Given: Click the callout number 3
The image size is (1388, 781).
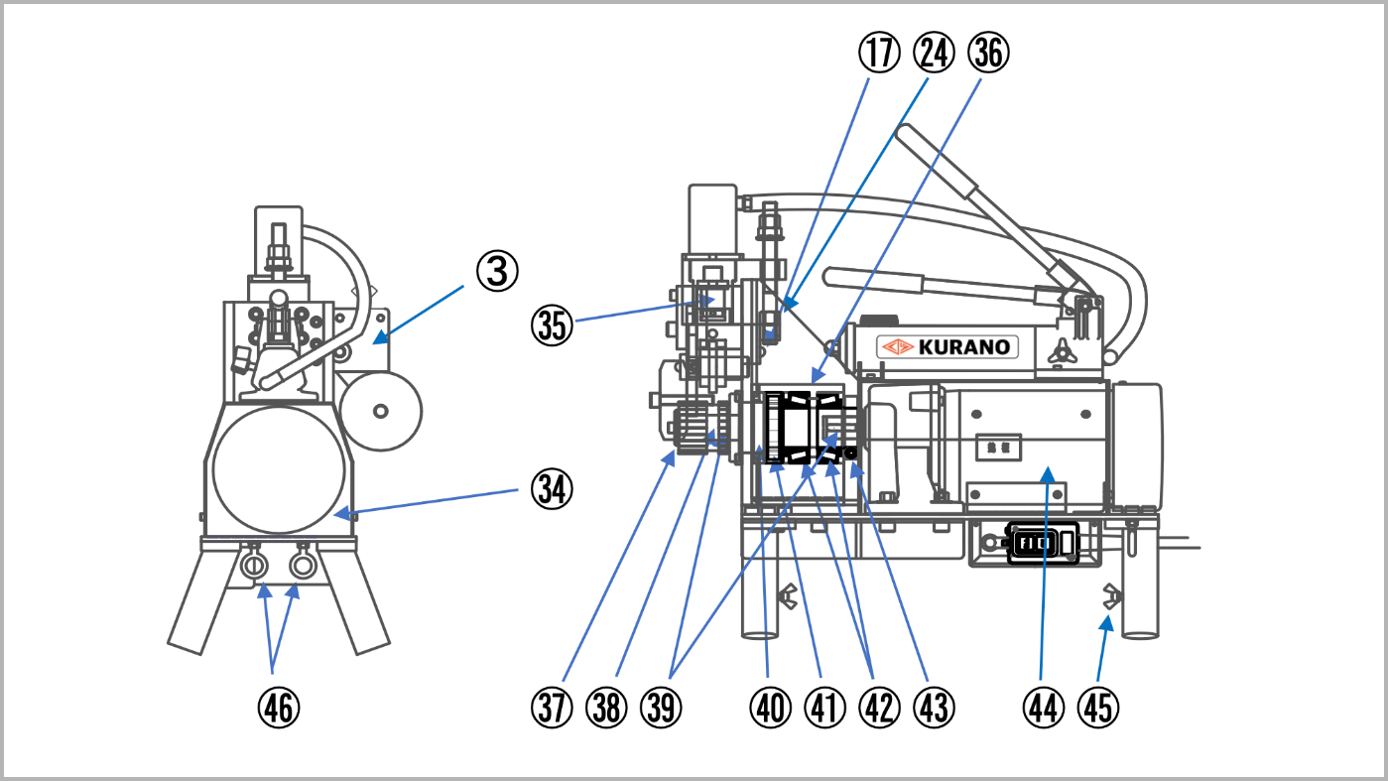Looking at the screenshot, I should pyautogui.click(x=497, y=271).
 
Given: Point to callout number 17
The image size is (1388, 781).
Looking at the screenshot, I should pyautogui.click(x=878, y=54).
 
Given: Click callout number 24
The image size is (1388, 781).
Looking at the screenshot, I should pyautogui.click(x=934, y=54).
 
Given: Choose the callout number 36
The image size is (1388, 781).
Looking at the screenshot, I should pyautogui.click(x=988, y=54).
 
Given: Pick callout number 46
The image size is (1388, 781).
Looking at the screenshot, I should pyautogui.click(x=277, y=707).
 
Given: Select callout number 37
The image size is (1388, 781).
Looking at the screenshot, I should pyautogui.click(x=553, y=707).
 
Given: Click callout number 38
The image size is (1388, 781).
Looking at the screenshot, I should pyautogui.click(x=607, y=707).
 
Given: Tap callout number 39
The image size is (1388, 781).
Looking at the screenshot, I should pyautogui.click(x=662, y=707).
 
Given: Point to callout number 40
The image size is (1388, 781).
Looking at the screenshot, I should pyautogui.click(x=771, y=707).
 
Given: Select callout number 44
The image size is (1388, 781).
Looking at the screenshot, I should pyautogui.click(x=1043, y=707).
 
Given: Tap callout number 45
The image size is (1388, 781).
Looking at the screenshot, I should pyautogui.click(x=1097, y=707).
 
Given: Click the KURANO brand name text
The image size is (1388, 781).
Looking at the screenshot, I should pyautogui.click(x=962, y=347).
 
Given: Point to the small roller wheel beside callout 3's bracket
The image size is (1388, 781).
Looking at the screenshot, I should pyautogui.click(x=381, y=409).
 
